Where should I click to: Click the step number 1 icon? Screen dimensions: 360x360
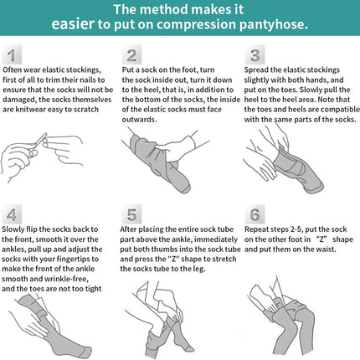[x=12, y=55]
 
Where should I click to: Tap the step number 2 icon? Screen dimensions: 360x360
[x=131, y=55]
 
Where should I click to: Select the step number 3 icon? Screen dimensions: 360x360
[x=255, y=55]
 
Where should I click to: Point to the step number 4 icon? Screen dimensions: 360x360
[x=12, y=214]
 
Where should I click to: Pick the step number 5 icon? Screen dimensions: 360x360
[x=131, y=214]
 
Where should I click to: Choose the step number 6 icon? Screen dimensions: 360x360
[x=255, y=214]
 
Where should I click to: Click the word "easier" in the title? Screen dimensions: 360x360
[x=73, y=23]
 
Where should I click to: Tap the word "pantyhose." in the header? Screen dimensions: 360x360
[x=274, y=24]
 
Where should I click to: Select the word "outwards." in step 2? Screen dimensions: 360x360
[x=139, y=120]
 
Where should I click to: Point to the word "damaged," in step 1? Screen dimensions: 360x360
[x=19, y=100]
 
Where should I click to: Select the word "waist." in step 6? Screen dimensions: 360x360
[x=326, y=249]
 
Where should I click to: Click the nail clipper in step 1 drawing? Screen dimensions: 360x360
[x=39, y=144]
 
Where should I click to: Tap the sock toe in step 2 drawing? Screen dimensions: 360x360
[x=183, y=187]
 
